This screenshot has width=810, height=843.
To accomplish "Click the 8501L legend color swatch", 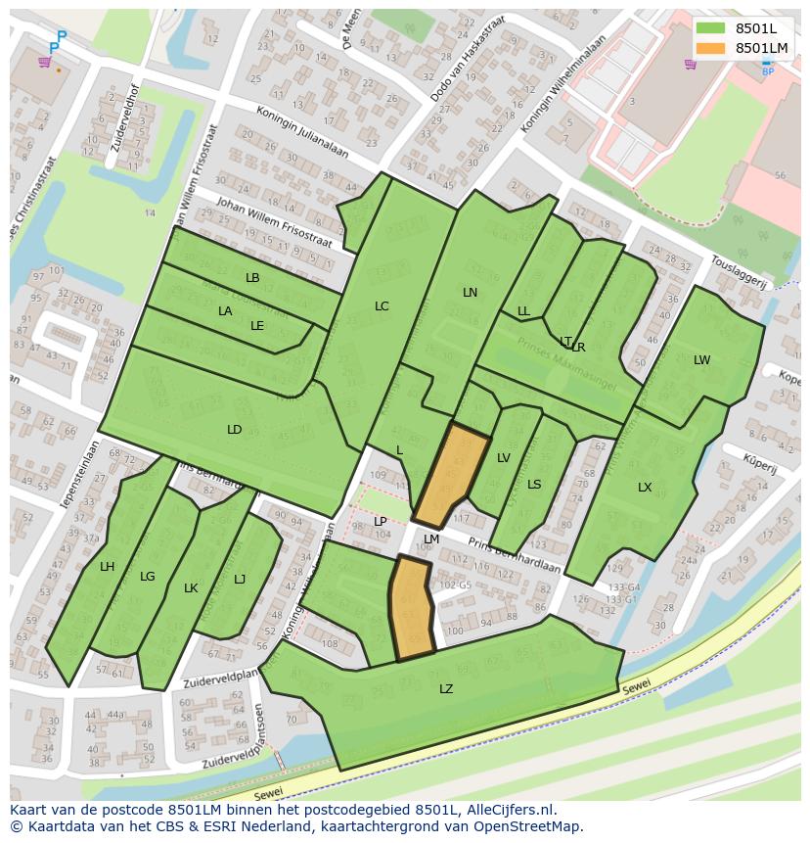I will [x=710, y=28].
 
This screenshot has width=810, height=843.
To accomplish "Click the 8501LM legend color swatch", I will [x=710, y=48].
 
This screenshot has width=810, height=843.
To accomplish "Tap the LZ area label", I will [x=446, y=689].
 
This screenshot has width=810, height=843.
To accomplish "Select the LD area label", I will [x=235, y=430].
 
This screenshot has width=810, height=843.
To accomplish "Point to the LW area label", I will [x=701, y=360].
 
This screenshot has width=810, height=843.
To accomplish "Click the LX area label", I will [x=645, y=488].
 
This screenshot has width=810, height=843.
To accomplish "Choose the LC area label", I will [x=382, y=306].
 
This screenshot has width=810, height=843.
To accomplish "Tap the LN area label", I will [x=471, y=293].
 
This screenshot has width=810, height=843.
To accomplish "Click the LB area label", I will [x=252, y=278].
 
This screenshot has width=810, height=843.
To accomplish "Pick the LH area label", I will [x=108, y=567].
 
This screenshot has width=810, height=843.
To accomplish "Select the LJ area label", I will [x=240, y=580].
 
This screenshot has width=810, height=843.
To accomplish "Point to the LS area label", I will [x=534, y=485].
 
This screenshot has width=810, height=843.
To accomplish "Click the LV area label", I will [x=504, y=458].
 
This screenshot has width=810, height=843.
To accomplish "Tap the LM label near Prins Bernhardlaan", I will [x=430, y=539].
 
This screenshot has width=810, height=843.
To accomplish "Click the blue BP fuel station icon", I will [x=767, y=66].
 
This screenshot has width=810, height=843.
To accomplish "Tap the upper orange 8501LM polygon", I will [x=450, y=474].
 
